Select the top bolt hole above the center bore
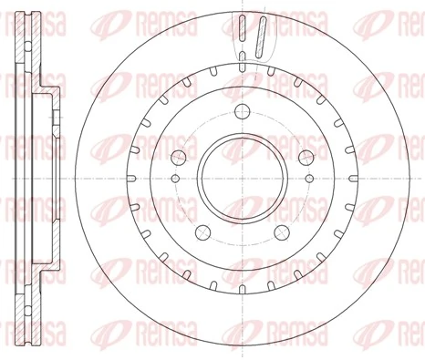243,112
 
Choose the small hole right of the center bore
308,181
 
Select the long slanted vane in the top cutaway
261,38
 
